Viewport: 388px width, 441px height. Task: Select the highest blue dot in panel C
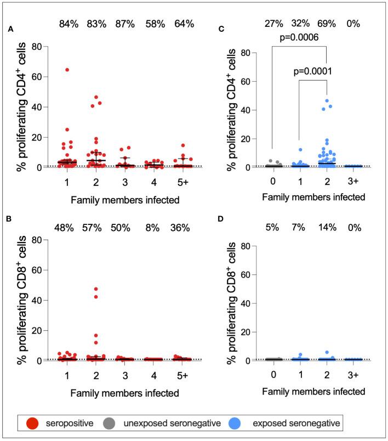326,100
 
